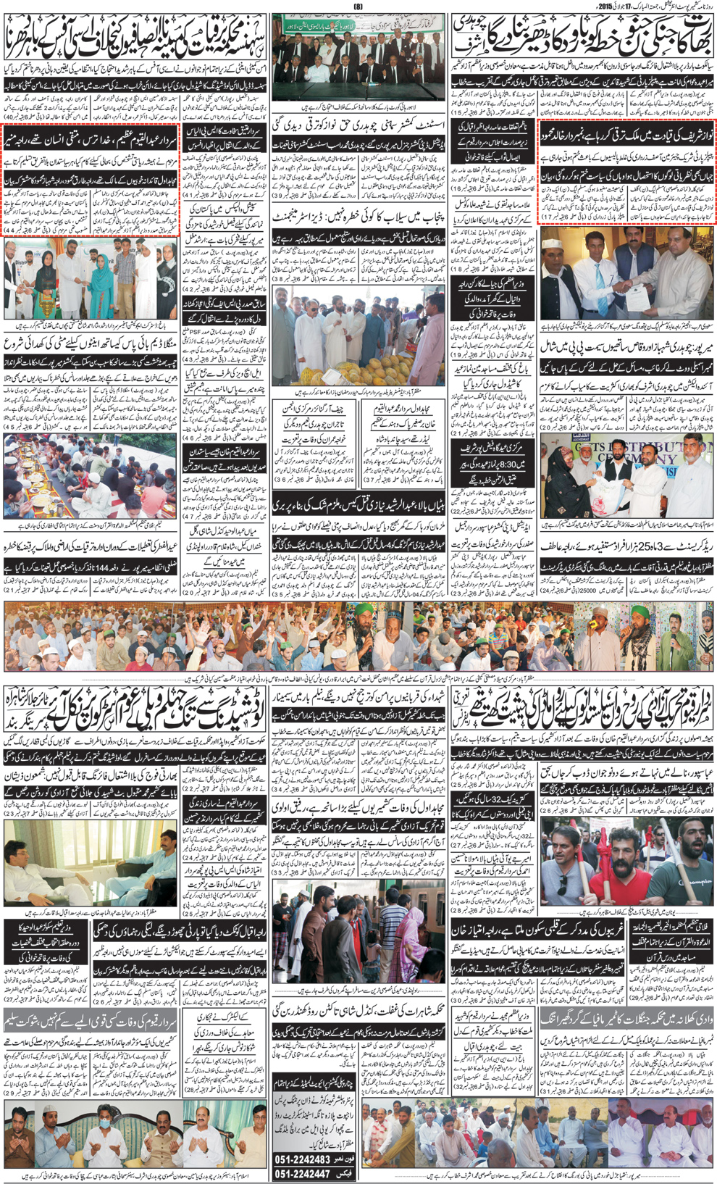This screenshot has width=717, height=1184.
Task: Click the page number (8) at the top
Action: pyautogui.click(x=358, y=6)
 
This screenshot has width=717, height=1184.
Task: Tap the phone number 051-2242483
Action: pyautogui.click(x=312, y=1159)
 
